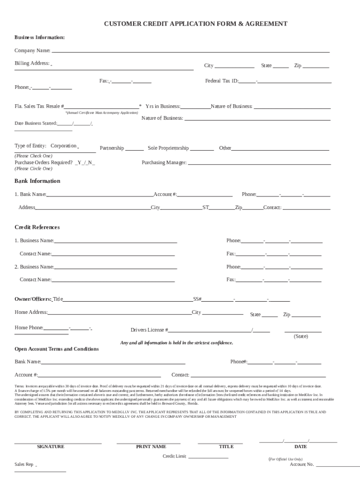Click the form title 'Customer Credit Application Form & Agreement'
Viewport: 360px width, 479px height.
[195, 23]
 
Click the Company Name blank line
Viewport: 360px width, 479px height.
[190, 51]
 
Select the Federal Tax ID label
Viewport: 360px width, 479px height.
[222, 81]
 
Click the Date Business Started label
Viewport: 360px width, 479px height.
[36, 123]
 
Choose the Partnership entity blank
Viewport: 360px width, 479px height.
[135, 149]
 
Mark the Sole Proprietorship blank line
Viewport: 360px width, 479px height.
[202, 149]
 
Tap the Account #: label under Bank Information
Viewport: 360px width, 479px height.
[166, 194]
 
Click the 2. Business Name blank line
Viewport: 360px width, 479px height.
[115, 268]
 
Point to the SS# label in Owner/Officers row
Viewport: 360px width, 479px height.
[197, 299]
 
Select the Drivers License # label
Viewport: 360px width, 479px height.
[149, 330]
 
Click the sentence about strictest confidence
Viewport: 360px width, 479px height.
[177, 343]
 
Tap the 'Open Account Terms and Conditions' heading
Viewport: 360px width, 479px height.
[57, 349]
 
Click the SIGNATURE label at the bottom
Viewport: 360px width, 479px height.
[50, 447]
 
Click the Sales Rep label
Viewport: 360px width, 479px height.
[24, 464]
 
